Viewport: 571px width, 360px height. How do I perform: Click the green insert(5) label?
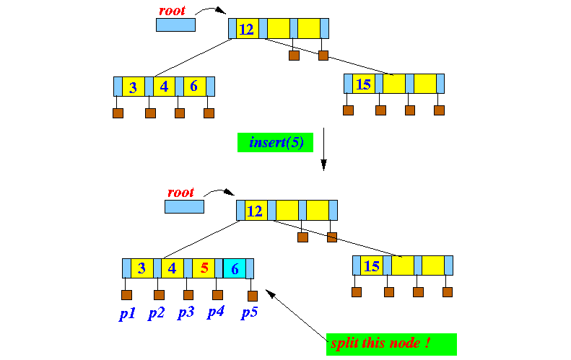click(275, 142)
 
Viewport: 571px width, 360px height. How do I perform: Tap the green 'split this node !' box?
click(391, 344)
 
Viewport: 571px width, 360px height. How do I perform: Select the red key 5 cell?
click(204, 268)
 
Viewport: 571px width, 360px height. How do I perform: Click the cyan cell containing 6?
click(235, 268)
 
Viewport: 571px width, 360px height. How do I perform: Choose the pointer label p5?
click(250, 313)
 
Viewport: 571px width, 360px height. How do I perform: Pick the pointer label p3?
click(186, 313)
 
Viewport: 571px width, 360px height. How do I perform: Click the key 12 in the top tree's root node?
click(247, 29)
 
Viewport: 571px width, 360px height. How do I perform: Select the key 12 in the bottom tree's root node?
click(255, 211)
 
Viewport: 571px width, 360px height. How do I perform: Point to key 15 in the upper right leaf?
click(364, 84)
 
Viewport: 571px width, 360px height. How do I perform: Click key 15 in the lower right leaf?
click(372, 265)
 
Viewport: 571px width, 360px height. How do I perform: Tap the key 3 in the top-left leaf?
click(133, 87)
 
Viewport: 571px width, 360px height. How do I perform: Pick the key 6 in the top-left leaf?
click(194, 87)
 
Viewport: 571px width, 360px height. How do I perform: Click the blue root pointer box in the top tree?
click(175, 25)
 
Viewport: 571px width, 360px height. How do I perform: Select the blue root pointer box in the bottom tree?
click(184, 206)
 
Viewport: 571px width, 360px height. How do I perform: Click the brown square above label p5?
click(253, 295)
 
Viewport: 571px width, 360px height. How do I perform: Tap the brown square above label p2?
click(159, 294)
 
